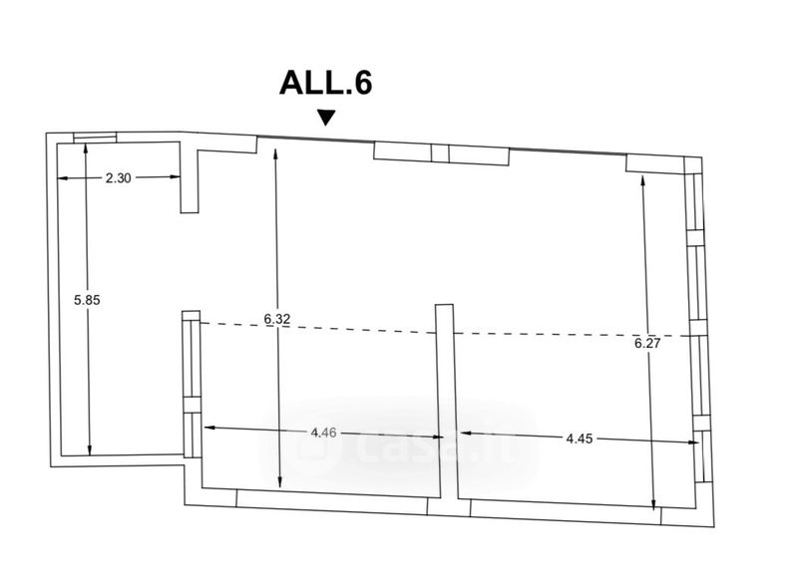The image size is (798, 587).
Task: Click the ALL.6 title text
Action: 326,83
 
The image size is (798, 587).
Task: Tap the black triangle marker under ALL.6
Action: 326,118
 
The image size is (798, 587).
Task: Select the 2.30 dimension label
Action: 118,178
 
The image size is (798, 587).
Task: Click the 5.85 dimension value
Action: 87,300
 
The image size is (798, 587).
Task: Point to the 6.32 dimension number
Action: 277,319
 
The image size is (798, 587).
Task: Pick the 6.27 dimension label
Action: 647,344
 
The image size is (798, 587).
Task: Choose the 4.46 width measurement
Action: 323,433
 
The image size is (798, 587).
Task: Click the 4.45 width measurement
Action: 580,439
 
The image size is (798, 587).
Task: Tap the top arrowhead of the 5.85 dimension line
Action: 85,148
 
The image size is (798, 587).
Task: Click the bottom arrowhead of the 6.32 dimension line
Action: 280,483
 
